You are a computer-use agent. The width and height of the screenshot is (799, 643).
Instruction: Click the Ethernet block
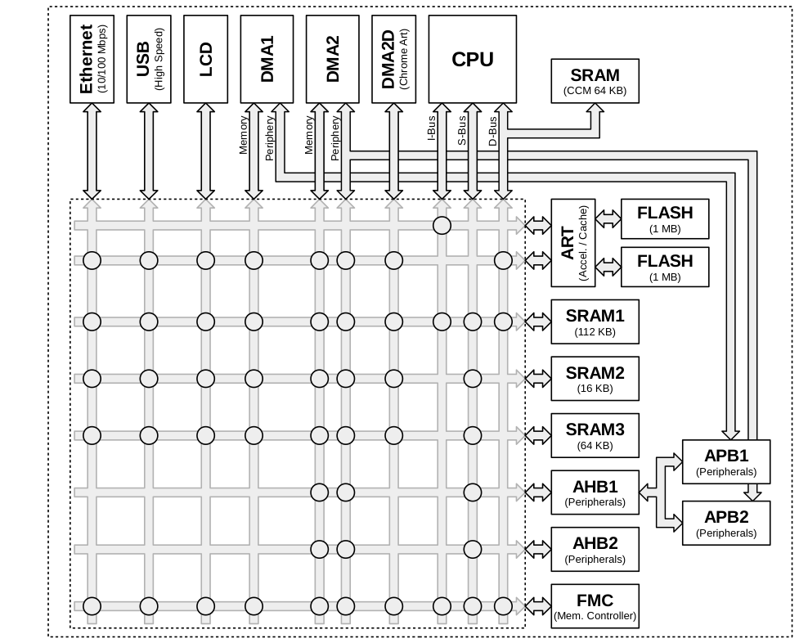pyautogui.click(x=92, y=59)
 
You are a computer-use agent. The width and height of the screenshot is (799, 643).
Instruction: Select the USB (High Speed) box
pyautogui.click(x=149, y=59)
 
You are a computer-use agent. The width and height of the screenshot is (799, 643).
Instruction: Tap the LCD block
pyautogui.click(x=205, y=59)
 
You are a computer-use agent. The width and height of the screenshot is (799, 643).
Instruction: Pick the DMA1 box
pyautogui.click(x=267, y=59)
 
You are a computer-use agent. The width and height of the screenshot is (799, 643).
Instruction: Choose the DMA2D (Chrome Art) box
pyautogui.click(x=393, y=59)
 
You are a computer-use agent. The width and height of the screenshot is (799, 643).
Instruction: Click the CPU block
pyautogui.click(x=472, y=59)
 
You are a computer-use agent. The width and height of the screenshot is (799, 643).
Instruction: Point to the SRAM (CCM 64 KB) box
pyautogui.click(x=595, y=82)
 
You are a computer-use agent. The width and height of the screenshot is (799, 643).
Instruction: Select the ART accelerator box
pyautogui.click(x=572, y=243)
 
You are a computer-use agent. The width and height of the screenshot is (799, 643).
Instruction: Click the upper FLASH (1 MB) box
pyautogui.click(x=664, y=219)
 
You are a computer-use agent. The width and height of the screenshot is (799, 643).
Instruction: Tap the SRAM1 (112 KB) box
pyautogui.click(x=595, y=322)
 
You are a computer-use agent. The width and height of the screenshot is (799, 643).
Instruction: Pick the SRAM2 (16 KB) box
pyautogui.click(x=595, y=379)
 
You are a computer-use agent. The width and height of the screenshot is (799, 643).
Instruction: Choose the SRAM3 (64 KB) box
pyautogui.click(x=595, y=436)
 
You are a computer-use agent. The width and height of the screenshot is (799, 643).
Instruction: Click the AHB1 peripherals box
pyautogui.click(x=595, y=492)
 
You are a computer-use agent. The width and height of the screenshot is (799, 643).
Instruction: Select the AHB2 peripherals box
pyautogui.click(x=595, y=549)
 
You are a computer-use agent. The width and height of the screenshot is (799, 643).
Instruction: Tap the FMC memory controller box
pyautogui.click(x=595, y=606)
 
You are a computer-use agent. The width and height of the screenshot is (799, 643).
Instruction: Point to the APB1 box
pyautogui.click(x=725, y=462)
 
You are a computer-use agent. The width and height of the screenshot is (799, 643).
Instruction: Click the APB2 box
pyautogui.click(x=725, y=524)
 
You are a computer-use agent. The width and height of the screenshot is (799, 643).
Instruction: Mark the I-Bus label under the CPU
pyautogui.click(x=431, y=131)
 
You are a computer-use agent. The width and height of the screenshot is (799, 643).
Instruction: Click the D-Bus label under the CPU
pyautogui.click(x=492, y=131)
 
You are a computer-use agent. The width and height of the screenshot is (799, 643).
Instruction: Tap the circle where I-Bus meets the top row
pyautogui.click(x=442, y=225)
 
